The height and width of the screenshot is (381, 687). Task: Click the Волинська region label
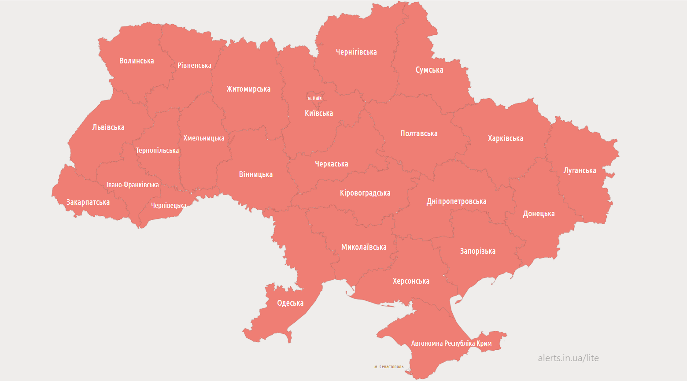pyautogui.click(x=137, y=61)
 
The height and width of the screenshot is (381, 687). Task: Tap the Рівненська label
pyautogui.click(x=194, y=65)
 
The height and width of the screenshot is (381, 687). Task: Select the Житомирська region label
pyautogui.click(x=248, y=89)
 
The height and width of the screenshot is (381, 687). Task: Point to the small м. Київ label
pyautogui.click(x=314, y=98)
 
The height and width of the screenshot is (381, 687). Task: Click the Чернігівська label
pyautogui.click(x=356, y=52)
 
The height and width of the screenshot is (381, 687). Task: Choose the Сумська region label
pyautogui.click(x=429, y=70)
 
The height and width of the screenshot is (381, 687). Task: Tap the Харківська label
pyautogui.click(x=506, y=138)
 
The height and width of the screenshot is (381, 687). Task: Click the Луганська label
pyautogui.click(x=580, y=170)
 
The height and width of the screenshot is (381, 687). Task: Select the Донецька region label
pyautogui.click(x=539, y=214)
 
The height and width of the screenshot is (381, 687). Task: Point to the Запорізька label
pyautogui.click(x=478, y=251)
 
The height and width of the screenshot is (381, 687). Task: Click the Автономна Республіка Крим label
pyautogui.click(x=451, y=343)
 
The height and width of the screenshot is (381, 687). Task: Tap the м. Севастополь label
pyautogui.click(x=389, y=366)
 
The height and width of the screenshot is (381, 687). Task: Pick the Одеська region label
pyautogui.click(x=290, y=303)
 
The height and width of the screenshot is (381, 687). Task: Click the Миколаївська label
pyautogui.click(x=364, y=247)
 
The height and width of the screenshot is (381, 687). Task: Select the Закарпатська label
pyautogui.click(x=88, y=202)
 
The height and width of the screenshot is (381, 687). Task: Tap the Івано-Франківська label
pyautogui.click(x=133, y=185)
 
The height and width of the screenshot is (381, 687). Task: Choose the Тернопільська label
pyautogui.click(x=157, y=150)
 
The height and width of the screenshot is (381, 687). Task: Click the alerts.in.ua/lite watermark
pyautogui.click(x=568, y=358)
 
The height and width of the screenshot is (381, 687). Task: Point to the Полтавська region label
pyautogui.click(x=419, y=133)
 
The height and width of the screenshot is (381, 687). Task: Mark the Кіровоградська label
pyautogui.click(x=365, y=193)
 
